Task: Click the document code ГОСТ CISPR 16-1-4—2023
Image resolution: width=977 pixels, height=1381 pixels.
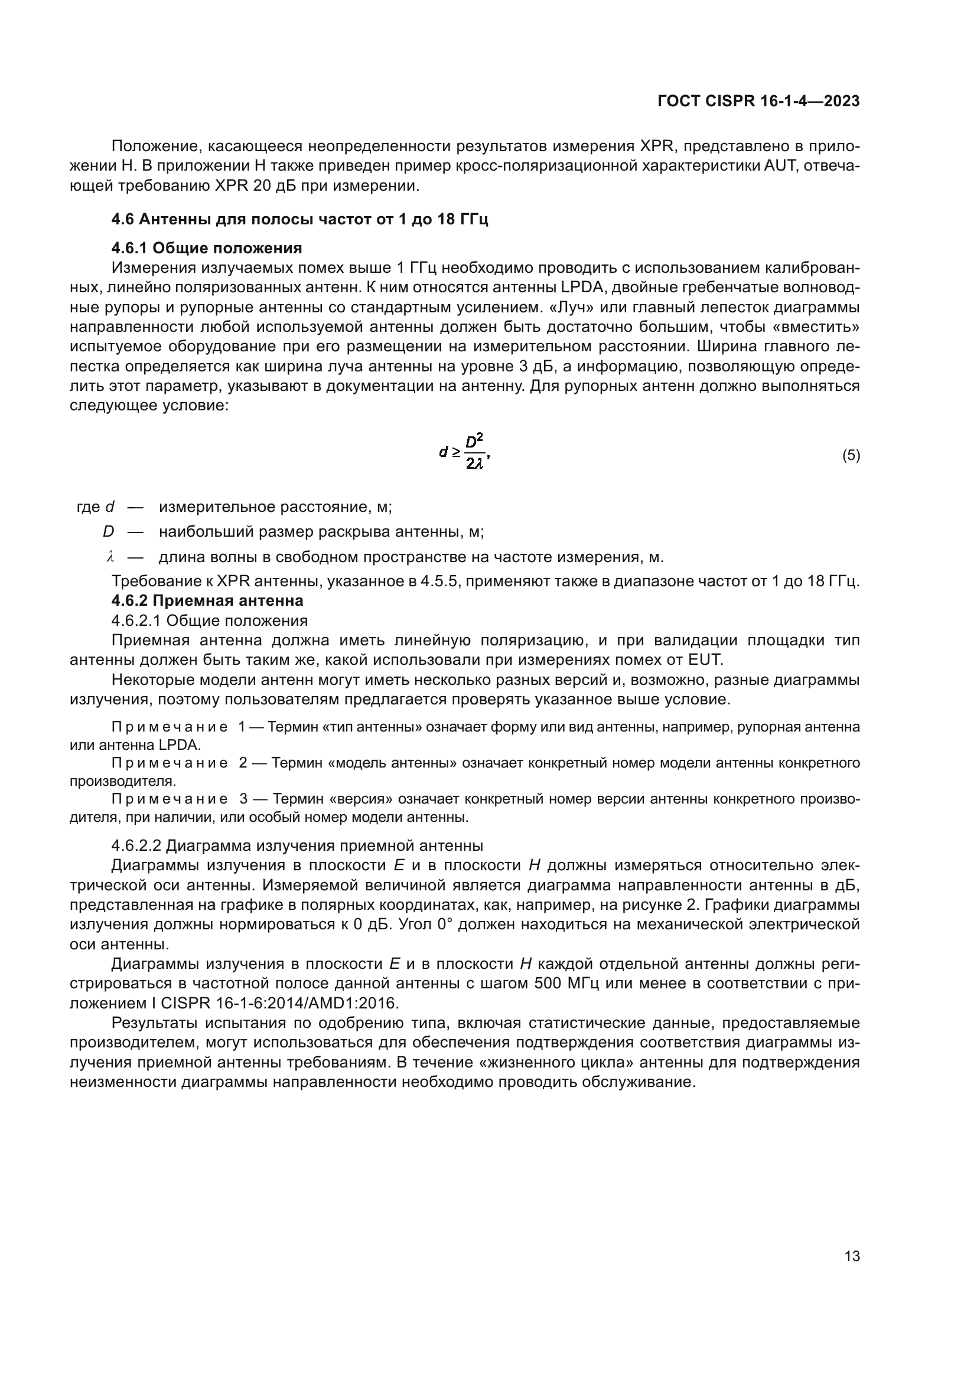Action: click(758, 101)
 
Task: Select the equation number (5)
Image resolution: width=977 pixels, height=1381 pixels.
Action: click(851, 455)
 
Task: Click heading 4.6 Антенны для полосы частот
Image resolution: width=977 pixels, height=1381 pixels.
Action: click(299, 219)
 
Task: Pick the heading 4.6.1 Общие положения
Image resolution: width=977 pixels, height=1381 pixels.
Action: click(206, 248)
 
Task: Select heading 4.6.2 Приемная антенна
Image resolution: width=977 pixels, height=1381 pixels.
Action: click(207, 600)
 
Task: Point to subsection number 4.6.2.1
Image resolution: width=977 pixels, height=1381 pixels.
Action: click(136, 620)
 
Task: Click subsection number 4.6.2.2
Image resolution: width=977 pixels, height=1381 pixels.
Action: click(136, 845)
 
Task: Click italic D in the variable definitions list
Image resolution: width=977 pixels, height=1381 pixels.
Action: click(108, 532)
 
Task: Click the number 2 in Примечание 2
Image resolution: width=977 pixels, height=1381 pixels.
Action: click(243, 763)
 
